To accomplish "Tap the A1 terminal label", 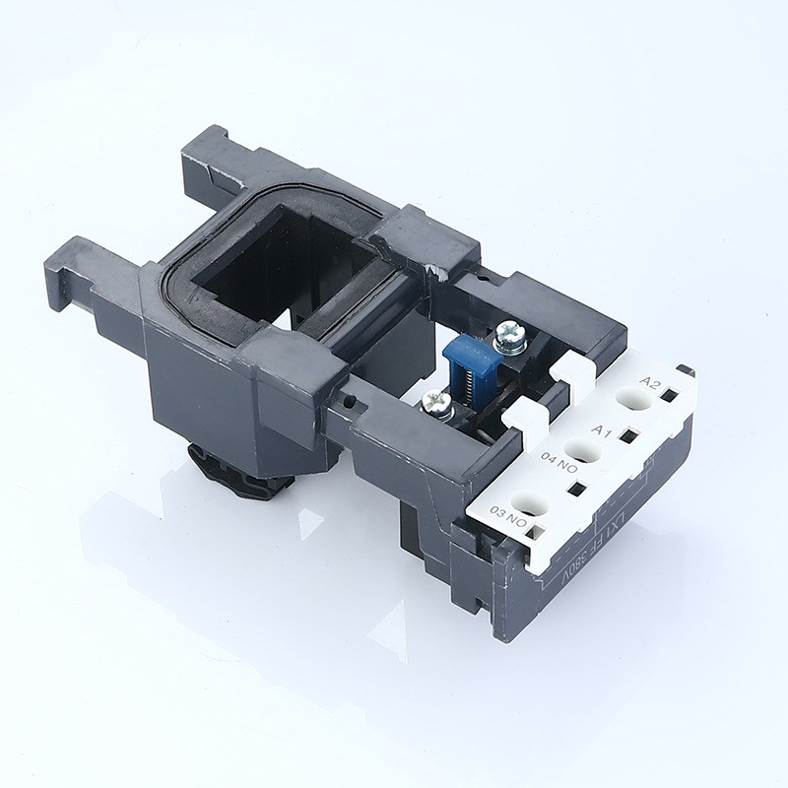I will coord(603,430).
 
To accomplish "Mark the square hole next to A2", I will coord(668,396).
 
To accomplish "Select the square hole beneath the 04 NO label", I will coord(577,489).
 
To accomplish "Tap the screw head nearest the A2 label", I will coord(509,336).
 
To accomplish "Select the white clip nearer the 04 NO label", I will coord(519,421).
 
